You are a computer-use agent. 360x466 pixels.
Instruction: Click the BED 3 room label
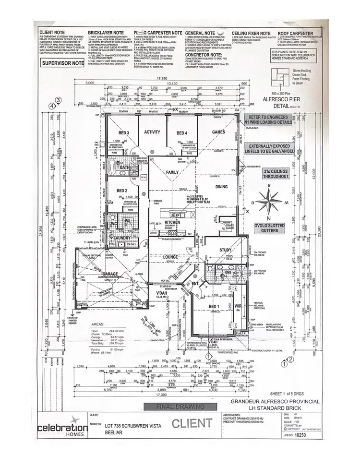click(124, 133)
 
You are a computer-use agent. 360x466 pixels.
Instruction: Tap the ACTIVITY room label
click(152, 133)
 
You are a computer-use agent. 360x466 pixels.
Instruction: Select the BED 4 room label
click(181, 133)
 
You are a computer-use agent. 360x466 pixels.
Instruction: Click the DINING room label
click(221, 187)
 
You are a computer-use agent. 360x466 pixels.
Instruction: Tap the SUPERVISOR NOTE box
click(63, 63)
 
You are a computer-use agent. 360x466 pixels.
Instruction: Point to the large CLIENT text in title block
click(192, 423)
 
